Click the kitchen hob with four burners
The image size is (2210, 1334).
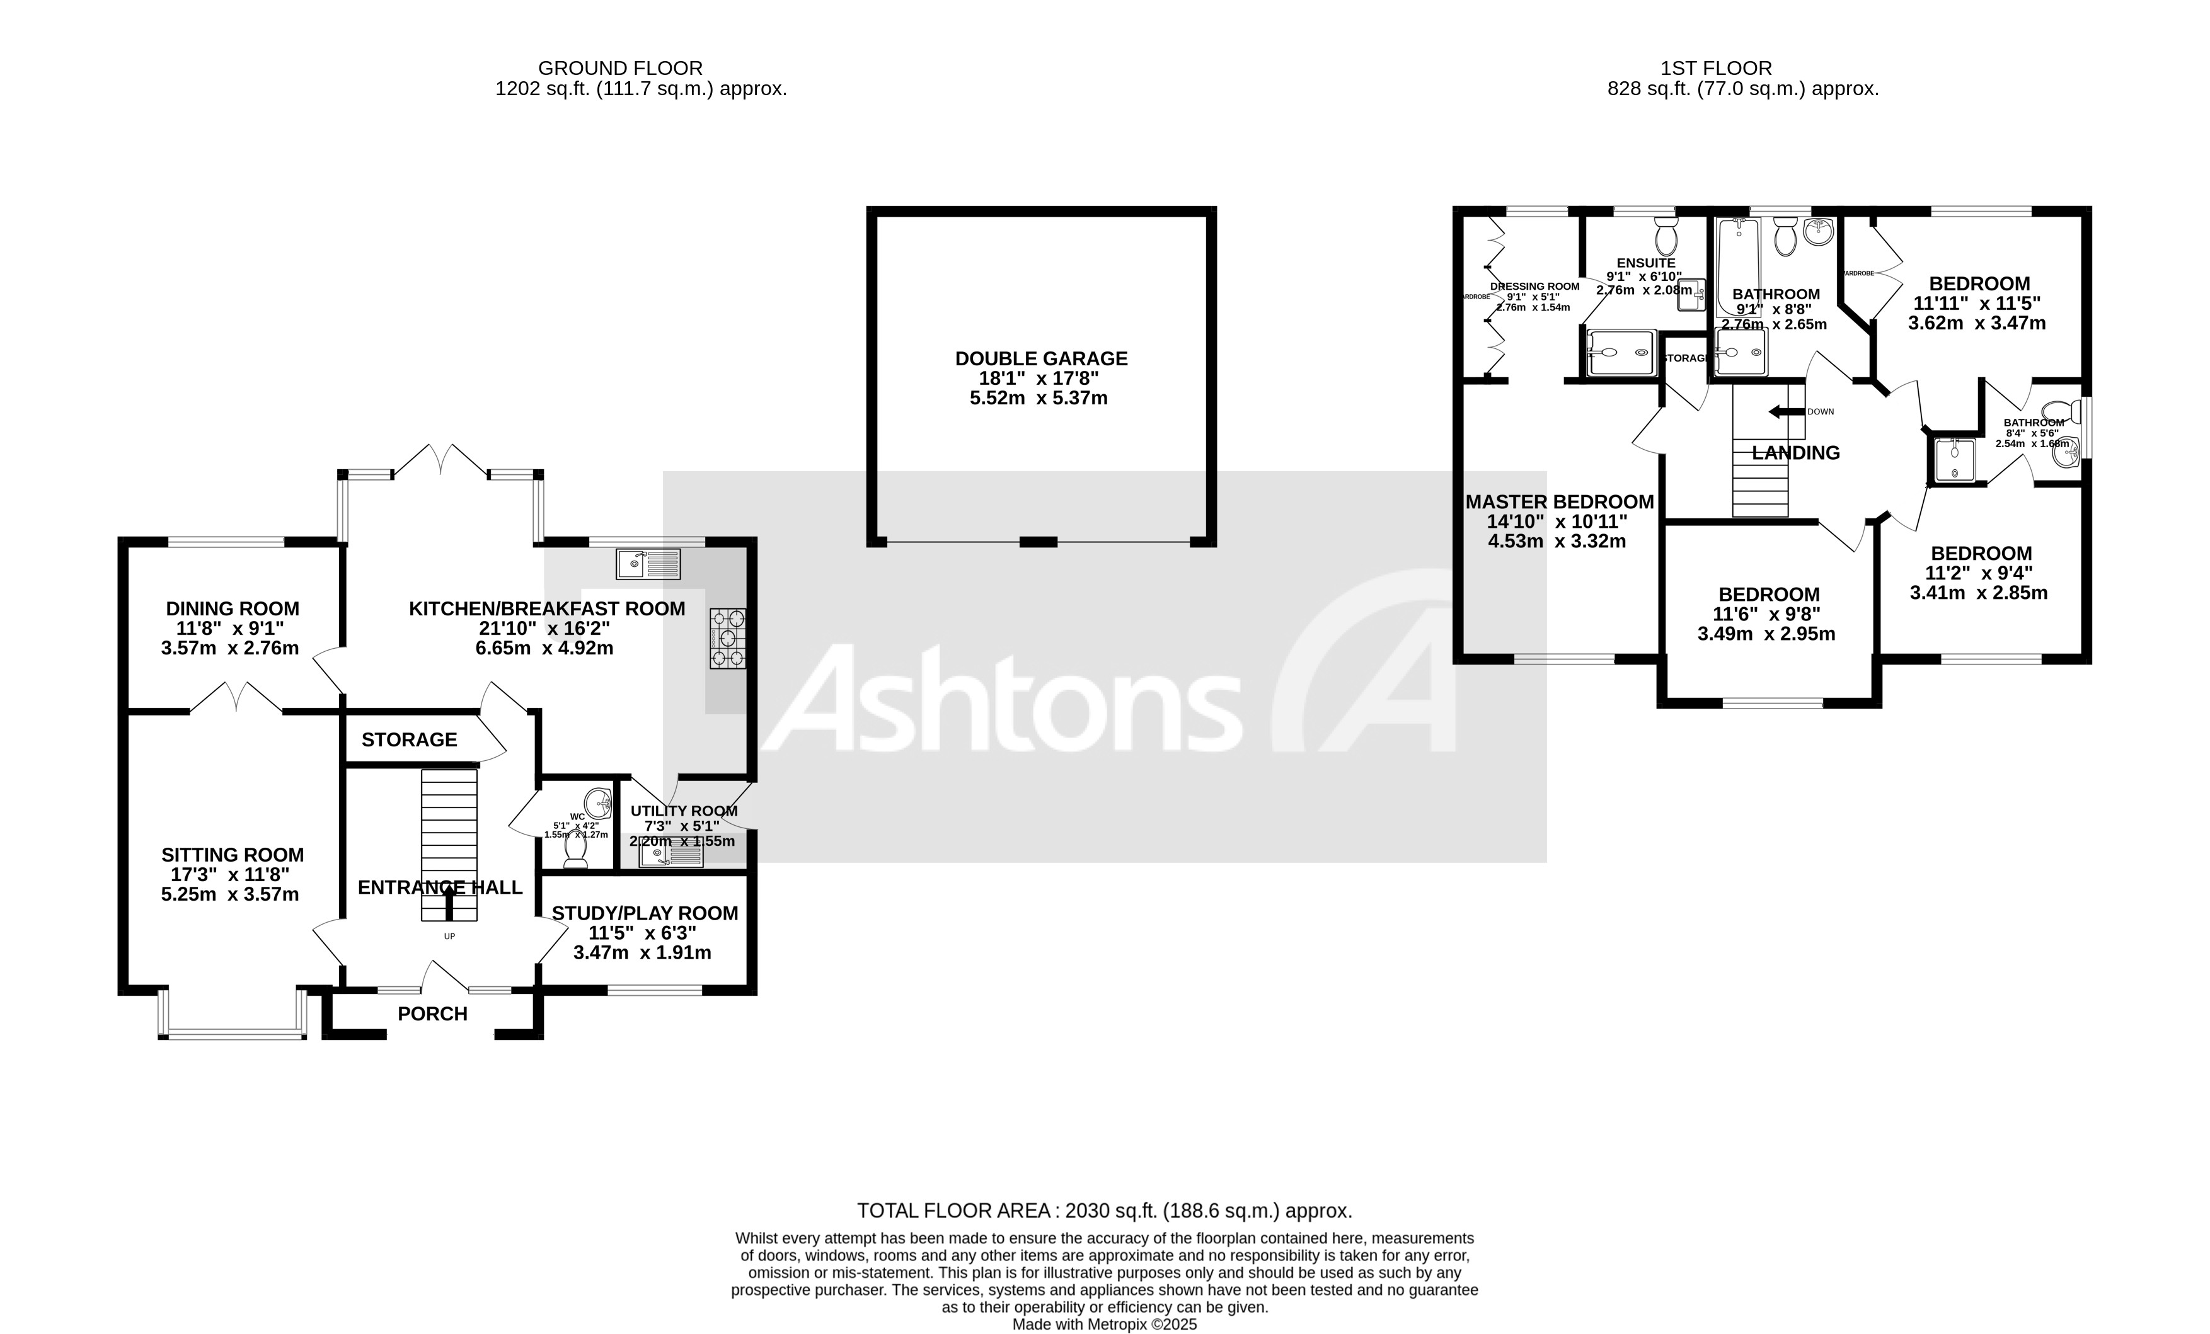point(727,637)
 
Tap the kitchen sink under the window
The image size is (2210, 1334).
point(648,564)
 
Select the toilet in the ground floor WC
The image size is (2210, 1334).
point(575,850)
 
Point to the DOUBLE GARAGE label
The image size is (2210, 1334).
point(1040,358)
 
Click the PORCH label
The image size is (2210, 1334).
point(432,1014)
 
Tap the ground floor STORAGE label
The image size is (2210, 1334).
point(409,739)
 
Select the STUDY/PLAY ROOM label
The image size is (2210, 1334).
point(644,913)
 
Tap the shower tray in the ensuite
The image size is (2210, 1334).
point(1620,352)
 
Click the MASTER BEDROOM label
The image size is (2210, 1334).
point(1559,502)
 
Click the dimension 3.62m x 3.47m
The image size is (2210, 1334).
point(1977,324)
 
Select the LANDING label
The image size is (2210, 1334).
point(1795,453)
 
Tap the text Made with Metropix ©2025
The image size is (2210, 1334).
point(1104,1324)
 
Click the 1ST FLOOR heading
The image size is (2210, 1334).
point(1716,68)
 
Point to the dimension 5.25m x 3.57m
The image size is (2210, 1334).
point(229,895)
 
